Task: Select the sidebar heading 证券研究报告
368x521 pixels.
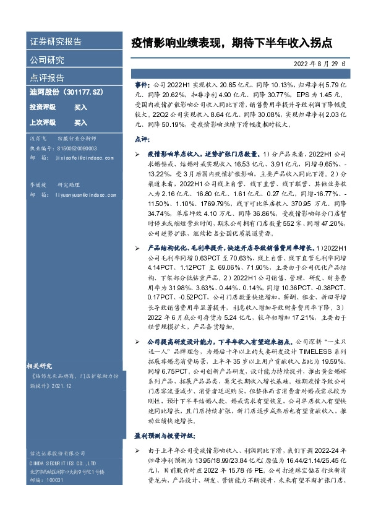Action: (x=56, y=42)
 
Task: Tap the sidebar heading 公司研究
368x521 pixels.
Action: (x=47, y=60)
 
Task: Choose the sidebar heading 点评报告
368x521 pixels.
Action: (x=47, y=78)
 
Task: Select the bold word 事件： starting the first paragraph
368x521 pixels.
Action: (x=142, y=83)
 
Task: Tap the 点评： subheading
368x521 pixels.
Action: (x=142, y=140)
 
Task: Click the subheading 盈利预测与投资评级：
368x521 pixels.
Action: (x=163, y=436)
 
